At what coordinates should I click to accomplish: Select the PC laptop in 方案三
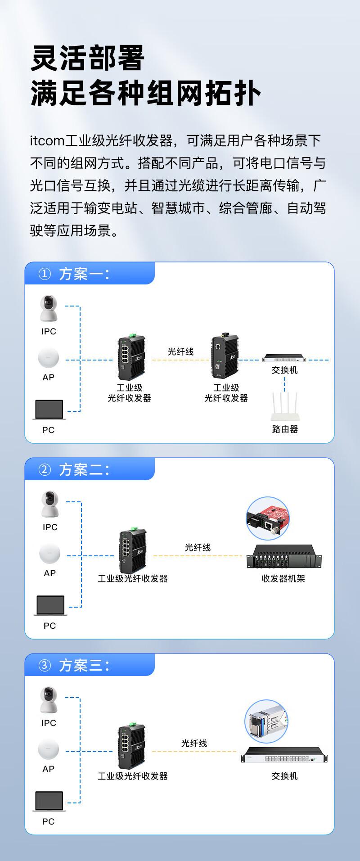(49, 801)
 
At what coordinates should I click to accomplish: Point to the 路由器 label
(285, 429)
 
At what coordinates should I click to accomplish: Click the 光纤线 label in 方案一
(180, 352)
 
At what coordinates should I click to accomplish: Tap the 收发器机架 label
(283, 578)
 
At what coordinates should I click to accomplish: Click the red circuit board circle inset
(267, 518)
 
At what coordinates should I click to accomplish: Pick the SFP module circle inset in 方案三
(266, 721)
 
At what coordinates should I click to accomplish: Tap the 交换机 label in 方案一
(284, 370)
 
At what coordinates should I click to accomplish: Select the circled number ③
(45, 665)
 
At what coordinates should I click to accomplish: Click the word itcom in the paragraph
(47, 141)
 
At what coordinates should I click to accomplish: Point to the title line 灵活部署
(88, 58)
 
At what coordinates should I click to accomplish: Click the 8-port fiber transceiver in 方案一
(131, 357)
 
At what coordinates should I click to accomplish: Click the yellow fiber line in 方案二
(198, 556)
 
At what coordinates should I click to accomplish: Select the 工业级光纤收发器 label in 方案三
(133, 776)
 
